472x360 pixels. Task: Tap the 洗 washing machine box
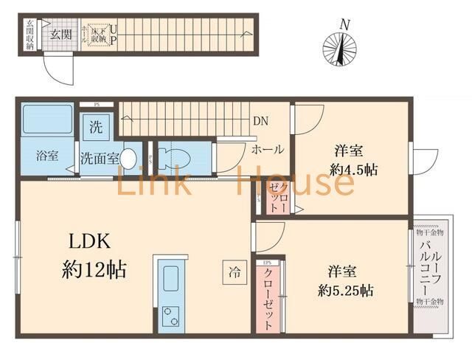97,126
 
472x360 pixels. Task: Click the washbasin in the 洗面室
128,158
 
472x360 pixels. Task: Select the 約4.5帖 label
353,169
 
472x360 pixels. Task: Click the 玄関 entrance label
60,34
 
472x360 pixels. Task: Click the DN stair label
260,121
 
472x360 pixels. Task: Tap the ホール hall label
268,149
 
